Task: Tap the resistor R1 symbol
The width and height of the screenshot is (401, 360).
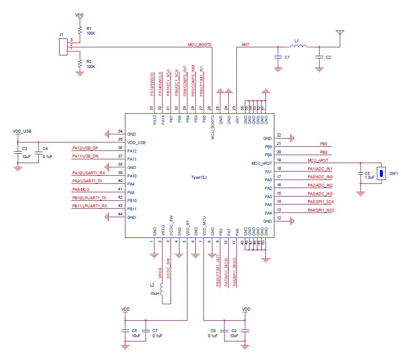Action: click(x=79, y=30)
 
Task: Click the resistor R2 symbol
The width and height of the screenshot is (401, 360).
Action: click(x=79, y=63)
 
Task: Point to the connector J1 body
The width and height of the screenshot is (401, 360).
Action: click(x=63, y=46)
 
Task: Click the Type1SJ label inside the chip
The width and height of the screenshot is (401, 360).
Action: click(x=198, y=178)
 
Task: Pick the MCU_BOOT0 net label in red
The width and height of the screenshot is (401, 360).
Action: click(x=199, y=44)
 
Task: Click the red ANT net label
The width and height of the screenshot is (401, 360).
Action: click(x=245, y=44)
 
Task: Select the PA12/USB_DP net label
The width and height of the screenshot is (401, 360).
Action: click(x=85, y=148)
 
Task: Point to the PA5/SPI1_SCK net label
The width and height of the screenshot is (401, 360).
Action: click(x=321, y=202)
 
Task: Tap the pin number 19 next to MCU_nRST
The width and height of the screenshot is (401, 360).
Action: click(x=279, y=161)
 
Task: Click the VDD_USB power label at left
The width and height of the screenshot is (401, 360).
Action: click(x=22, y=131)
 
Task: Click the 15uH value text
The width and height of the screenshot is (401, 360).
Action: click(x=154, y=293)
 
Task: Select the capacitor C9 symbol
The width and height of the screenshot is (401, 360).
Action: click(x=246, y=330)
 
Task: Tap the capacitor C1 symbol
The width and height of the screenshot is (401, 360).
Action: click(x=278, y=57)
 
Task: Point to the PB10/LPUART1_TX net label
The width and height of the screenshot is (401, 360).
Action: click(x=89, y=198)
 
